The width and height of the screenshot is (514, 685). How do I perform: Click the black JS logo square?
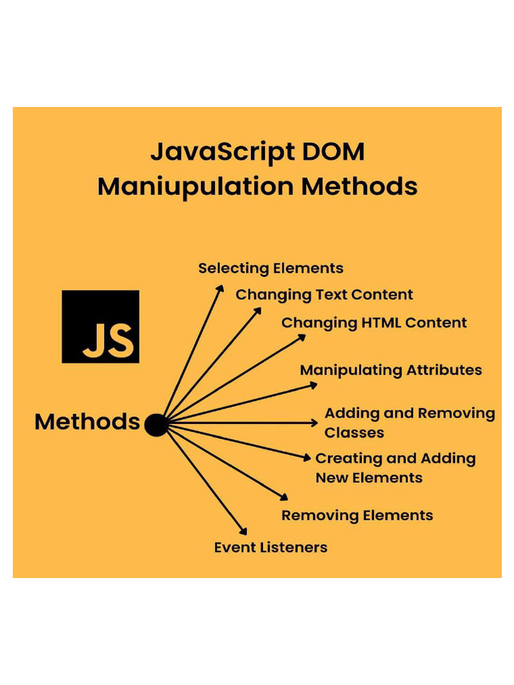[100, 326]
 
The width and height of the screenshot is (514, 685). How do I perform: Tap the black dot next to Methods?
[156, 425]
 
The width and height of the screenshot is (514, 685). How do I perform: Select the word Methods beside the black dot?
[87, 422]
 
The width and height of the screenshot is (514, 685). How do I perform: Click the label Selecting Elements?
[270, 268]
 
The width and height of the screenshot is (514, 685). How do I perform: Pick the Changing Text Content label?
[324, 295]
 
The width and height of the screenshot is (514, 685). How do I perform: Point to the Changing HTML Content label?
[373, 322]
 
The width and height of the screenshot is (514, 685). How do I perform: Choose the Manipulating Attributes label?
[390, 370]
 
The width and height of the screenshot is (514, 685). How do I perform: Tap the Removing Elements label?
[357, 516]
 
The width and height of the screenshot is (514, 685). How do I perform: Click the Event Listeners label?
[270, 547]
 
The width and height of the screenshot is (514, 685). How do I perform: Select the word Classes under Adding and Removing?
[354, 433]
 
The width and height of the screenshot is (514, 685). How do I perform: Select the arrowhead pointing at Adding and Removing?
[315, 423]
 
